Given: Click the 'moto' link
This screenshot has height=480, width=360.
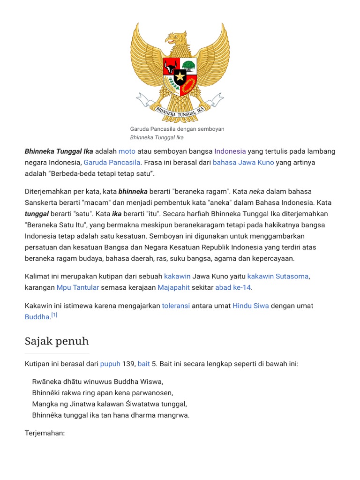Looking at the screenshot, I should point(127,151).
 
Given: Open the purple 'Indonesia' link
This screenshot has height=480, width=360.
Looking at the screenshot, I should point(230,151).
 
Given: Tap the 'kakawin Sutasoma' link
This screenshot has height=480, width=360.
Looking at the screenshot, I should point(278,276).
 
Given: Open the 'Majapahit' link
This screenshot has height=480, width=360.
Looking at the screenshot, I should point(174,287).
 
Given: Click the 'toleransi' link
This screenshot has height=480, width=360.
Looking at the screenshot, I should point(176,306).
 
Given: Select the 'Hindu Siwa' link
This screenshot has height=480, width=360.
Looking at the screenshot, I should point(251,306).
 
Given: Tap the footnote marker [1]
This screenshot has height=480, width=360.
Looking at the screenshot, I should point(54,315).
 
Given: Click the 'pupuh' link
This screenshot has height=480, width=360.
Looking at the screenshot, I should point(110,364).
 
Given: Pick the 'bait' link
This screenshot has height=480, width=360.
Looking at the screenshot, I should point(144,364).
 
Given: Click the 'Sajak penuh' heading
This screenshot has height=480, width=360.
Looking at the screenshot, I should point(56,341).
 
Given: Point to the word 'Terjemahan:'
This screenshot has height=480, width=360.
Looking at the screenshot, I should point(45,433).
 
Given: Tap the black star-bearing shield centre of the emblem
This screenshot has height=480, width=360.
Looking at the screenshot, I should point(180,76).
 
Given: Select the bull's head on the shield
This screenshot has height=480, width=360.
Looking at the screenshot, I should point(171,66).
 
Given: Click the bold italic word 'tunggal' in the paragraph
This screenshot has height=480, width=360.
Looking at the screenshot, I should point(37,214).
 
